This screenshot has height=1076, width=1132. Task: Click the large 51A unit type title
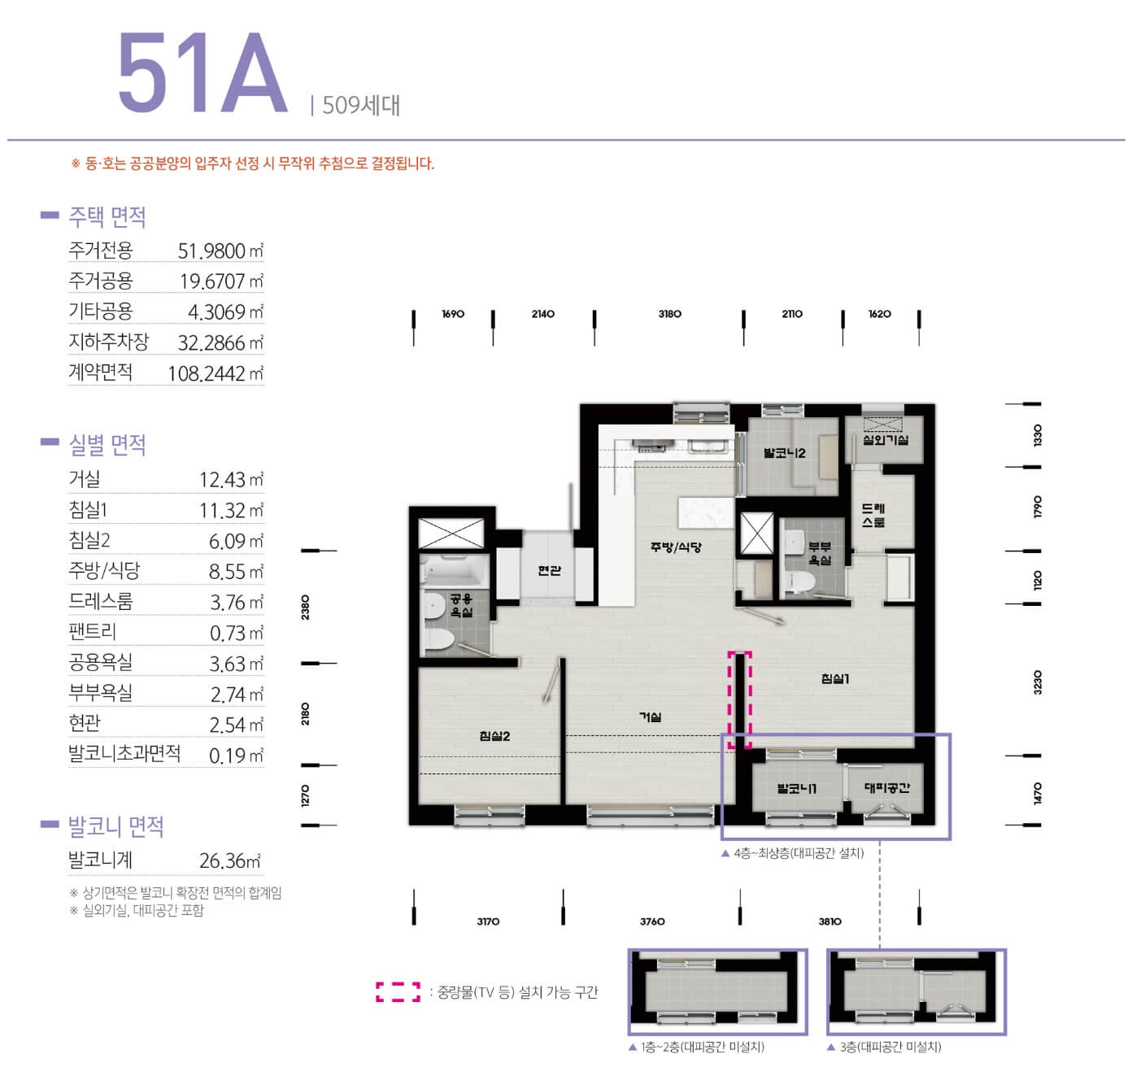[x=202, y=72]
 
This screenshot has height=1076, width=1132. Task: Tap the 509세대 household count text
[x=361, y=106]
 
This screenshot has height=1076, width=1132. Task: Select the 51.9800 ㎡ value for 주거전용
[x=220, y=250]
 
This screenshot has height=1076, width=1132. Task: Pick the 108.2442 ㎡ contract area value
[x=216, y=373]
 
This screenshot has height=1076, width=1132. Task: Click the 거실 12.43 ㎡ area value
[x=231, y=479]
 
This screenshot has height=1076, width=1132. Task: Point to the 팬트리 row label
[x=92, y=632]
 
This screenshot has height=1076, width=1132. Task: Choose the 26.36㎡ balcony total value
[x=230, y=860]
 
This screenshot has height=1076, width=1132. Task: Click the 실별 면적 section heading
[x=107, y=445]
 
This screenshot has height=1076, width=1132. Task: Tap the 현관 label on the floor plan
[x=549, y=570]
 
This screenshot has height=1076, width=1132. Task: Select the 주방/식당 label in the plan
[x=676, y=546]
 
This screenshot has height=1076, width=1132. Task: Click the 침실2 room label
[x=494, y=735]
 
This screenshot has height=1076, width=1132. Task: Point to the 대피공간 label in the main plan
[x=887, y=787]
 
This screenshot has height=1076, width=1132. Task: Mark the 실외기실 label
[x=886, y=440]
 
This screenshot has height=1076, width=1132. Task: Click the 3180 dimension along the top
[x=669, y=314]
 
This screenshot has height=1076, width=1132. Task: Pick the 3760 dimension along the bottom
[x=652, y=921]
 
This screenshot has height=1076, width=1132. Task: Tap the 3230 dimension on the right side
[x=1038, y=682]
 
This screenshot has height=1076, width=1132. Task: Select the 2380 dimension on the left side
[x=305, y=607]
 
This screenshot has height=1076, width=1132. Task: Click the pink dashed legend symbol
[x=398, y=992]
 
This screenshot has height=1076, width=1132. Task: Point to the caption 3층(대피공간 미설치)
[x=885, y=1047]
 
